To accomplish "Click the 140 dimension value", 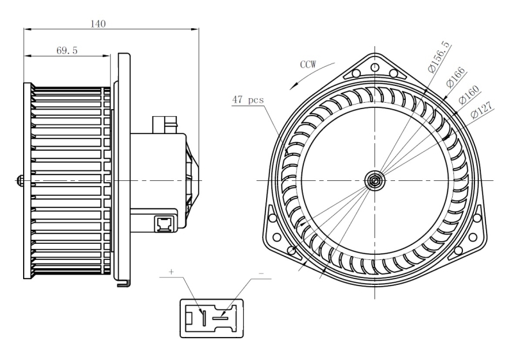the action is [98, 24].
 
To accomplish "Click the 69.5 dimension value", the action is [67, 51].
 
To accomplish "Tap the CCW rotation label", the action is [308, 64].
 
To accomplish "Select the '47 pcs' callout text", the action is [248, 99].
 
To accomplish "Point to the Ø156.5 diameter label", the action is [439, 58].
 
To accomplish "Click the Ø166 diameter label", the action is [455, 77].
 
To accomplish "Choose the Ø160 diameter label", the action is [469, 94].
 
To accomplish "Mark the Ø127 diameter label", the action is [482, 110].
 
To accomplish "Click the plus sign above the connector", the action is [171, 271].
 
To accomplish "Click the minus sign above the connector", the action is [261, 273].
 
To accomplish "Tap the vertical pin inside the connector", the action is [203, 318].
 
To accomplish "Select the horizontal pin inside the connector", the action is [219, 318].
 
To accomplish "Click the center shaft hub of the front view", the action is [374, 180].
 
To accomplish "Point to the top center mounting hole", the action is [375, 68].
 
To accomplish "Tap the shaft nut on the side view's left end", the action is [20, 181].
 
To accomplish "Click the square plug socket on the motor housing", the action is [164, 224].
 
